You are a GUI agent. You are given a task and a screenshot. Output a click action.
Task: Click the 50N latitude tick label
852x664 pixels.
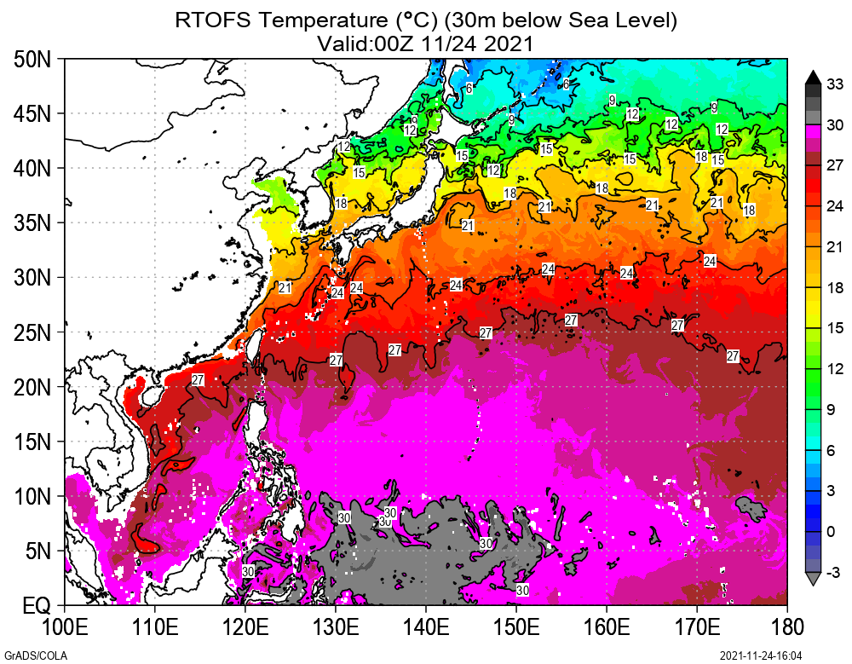(x=33, y=60)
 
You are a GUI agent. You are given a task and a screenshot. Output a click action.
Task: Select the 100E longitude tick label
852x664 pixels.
(x=64, y=628)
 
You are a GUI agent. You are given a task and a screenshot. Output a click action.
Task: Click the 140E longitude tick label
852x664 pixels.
(x=425, y=628)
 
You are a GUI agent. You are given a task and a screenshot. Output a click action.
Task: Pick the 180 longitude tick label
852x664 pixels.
(x=786, y=628)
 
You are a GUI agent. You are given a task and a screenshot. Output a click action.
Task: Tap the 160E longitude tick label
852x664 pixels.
(x=606, y=628)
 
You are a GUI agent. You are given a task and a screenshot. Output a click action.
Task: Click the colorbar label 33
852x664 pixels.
(x=835, y=84)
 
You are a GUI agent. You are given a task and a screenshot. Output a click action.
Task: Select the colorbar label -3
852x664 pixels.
(x=835, y=572)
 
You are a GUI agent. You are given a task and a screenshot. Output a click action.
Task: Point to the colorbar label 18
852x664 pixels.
(x=835, y=287)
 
